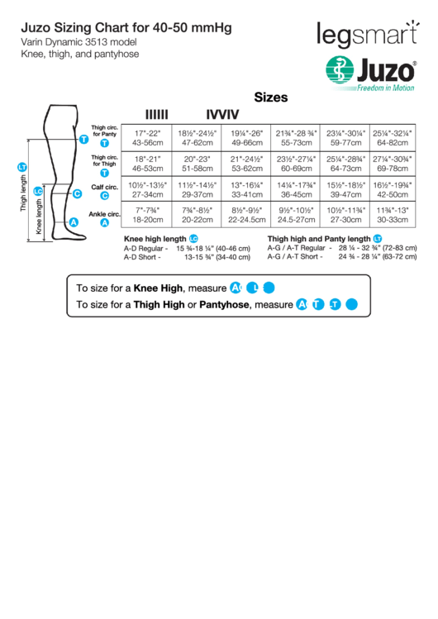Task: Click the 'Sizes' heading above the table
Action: tap(270, 98)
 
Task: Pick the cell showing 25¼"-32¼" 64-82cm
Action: tap(393, 137)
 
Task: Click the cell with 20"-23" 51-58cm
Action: tap(198, 163)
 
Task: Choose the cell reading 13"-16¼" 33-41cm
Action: tap(246, 189)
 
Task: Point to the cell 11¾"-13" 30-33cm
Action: tap(393, 215)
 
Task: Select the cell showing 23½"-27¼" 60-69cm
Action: tap(296, 163)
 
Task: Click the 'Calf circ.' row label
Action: tap(104, 188)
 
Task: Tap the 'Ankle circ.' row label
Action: tap(105, 214)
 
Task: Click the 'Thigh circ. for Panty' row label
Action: tap(105, 131)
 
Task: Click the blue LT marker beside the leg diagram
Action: tap(22, 169)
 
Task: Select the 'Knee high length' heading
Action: tap(155, 239)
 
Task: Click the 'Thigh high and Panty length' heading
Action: tap(319, 239)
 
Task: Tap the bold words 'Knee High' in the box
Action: tap(159, 288)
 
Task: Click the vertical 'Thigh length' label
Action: tap(24, 197)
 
